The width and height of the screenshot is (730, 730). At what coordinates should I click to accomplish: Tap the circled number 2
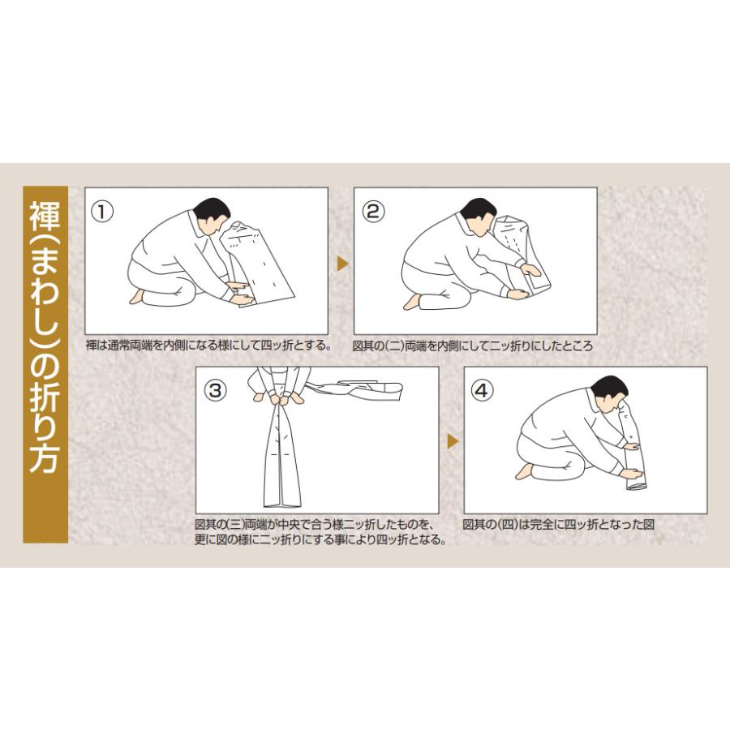tap(373, 212)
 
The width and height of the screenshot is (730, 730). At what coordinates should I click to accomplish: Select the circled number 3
tap(215, 390)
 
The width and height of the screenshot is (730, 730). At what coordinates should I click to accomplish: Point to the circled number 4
tap(482, 390)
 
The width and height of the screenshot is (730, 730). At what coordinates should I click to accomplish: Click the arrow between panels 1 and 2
tap(342, 264)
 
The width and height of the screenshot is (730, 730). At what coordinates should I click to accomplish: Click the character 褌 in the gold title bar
tap(45, 217)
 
